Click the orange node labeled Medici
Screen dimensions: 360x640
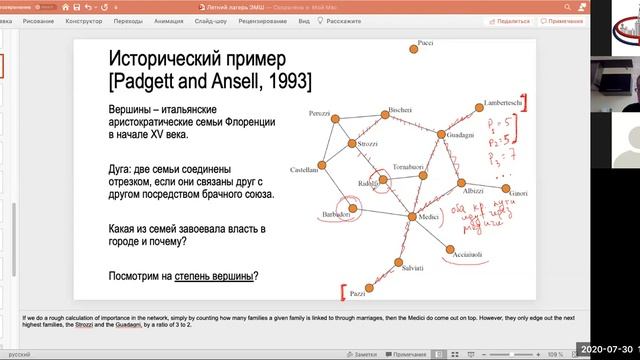412,217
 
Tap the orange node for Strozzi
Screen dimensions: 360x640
352,144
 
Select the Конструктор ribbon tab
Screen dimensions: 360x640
82,20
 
